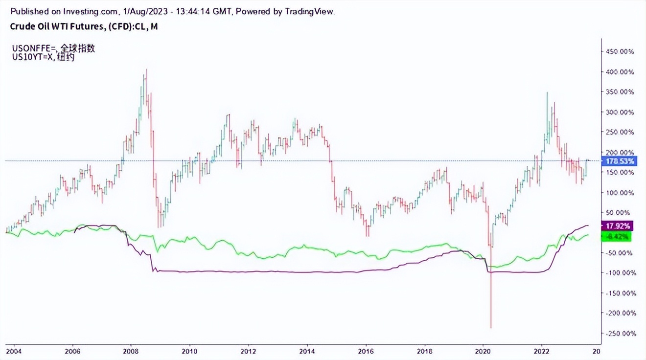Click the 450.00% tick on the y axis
[620, 51]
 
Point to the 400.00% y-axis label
[620, 72]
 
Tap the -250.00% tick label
[619, 334]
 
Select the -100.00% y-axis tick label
[619, 273]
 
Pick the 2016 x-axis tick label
[366, 351]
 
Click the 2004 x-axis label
[14, 351]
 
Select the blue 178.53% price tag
[621, 161]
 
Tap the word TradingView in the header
[310, 11]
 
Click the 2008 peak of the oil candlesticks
[146, 70]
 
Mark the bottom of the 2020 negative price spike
[491, 328]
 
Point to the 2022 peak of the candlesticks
[547, 93]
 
